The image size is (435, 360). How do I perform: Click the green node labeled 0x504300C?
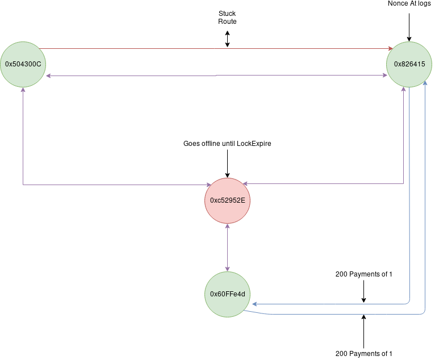pyautogui.click(x=23, y=64)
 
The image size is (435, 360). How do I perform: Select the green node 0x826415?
pyautogui.click(x=409, y=64)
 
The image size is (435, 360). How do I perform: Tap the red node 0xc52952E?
pyautogui.click(x=227, y=201)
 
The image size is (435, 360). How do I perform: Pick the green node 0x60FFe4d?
pyautogui.click(x=227, y=294)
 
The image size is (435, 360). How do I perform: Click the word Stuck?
pyautogui.click(x=227, y=12)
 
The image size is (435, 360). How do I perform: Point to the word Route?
pyautogui.click(x=227, y=22)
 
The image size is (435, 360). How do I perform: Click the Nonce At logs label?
pyautogui.click(x=409, y=4)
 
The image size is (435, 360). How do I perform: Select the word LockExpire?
pyautogui.click(x=251, y=144)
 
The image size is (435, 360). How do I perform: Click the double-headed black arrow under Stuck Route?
pyautogui.click(x=227, y=38)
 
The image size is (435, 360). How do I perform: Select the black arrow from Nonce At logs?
pyautogui.click(x=409, y=26)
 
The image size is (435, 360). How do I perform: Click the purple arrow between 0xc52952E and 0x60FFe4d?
pyautogui.click(x=227, y=247)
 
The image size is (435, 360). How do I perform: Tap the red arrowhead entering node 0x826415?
pyautogui.click(x=390, y=48)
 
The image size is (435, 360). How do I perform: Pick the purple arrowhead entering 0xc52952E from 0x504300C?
pyautogui.click(x=208, y=185)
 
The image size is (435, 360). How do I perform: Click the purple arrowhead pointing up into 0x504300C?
pyautogui.click(x=23, y=90)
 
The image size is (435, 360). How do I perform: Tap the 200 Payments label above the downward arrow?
pyautogui.click(x=363, y=274)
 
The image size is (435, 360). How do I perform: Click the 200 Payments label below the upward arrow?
pyautogui.click(x=363, y=354)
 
